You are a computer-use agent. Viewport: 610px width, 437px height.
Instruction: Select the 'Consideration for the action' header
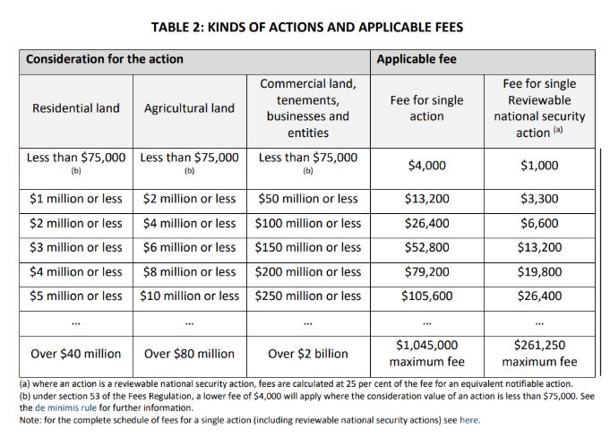[x=105, y=59]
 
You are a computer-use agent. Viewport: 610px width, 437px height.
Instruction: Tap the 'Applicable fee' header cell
[x=417, y=59]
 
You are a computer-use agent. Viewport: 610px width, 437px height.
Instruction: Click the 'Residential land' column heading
[x=76, y=108]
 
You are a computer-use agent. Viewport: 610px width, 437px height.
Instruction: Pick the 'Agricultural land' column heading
[x=189, y=108]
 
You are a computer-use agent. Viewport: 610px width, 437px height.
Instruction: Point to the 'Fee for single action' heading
[x=426, y=108]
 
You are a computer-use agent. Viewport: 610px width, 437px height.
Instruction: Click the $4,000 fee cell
[x=426, y=165]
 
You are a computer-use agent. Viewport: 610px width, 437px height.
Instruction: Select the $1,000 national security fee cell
[x=539, y=165]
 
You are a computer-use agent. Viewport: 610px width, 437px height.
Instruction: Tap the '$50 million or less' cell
[x=307, y=199]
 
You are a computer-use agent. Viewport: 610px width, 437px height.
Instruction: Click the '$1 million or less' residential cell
[x=76, y=199]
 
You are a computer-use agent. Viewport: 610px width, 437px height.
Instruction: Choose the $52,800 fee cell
[x=426, y=247]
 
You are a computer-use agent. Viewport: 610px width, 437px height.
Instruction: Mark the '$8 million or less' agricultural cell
[x=189, y=271]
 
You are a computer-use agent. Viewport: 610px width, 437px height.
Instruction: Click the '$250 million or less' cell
[x=307, y=296]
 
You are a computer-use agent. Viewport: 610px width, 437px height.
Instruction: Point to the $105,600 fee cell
[x=426, y=296]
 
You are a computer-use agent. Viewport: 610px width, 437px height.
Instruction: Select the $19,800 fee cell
[x=539, y=271]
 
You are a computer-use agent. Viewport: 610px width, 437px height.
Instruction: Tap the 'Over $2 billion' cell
[x=307, y=354]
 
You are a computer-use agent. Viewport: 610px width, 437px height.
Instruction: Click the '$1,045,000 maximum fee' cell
[x=426, y=354]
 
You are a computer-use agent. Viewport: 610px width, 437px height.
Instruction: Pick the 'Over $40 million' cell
[x=76, y=354]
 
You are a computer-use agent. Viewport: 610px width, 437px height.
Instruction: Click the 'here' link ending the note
[x=468, y=419]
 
